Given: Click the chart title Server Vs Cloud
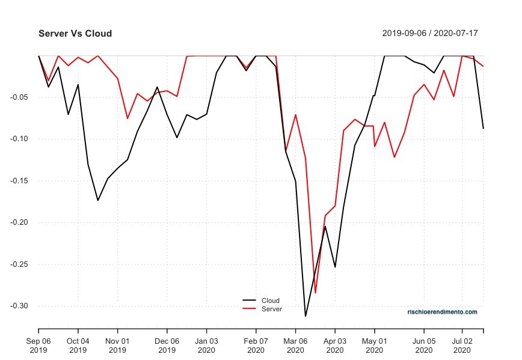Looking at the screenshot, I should coord(75,34).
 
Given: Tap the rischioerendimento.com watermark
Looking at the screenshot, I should coord(442,312).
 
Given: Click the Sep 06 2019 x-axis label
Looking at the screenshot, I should coord(38,345).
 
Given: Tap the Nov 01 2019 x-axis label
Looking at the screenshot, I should coord(117,345).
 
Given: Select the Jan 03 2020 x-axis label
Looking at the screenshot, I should coord(206,345).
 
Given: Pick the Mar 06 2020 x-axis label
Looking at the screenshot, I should coord(295,345).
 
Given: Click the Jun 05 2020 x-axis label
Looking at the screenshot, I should coord(424,345).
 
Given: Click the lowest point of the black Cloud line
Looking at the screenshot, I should coord(306,316).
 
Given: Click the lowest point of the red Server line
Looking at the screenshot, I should coord(315,293).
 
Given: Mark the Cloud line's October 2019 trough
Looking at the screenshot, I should coord(98,200).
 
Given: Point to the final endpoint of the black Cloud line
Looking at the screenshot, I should coord(483,129).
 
